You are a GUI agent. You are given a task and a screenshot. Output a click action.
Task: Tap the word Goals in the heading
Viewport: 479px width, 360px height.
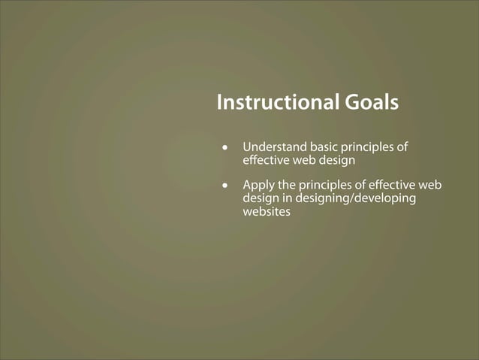[x=371, y=102]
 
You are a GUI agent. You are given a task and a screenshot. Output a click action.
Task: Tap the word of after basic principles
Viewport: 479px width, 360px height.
[x=402, y=147]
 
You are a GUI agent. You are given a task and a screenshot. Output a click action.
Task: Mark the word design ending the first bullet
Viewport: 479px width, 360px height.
[x=336, y=161]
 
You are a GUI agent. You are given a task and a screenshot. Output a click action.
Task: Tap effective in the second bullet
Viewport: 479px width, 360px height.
[x=393, y=185]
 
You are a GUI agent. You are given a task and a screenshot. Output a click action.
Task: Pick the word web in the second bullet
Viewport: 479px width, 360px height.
[x=431, y=185]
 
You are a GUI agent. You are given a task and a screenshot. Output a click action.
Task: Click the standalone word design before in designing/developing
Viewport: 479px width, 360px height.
[x=261, y=198]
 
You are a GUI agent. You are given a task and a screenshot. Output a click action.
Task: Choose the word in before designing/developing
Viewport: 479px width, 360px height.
[x=288, y=198]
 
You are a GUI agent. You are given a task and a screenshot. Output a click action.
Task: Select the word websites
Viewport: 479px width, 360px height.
[x=266, y=211]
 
